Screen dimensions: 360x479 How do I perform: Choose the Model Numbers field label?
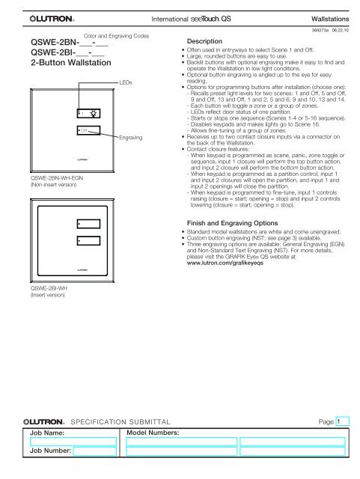tap(154, 433)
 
